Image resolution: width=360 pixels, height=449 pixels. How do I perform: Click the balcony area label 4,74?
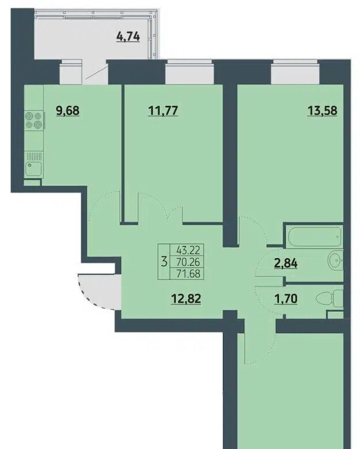[128, 37]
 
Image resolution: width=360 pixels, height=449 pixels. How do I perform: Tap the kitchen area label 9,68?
[68, 110]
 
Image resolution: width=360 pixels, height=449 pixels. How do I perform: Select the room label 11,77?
[163, 110]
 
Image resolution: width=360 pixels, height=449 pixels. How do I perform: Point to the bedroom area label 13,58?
[322, 110]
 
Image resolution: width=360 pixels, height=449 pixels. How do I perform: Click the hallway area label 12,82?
[186, 299]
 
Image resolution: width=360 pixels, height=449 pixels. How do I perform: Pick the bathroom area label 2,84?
[286, 263]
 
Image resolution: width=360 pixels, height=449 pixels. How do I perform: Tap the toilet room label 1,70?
[286, 299]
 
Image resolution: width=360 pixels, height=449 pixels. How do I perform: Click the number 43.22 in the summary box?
[188, 250]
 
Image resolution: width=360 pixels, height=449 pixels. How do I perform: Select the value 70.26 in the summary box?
[188, 262]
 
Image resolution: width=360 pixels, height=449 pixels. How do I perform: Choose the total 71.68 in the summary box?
[188, 273]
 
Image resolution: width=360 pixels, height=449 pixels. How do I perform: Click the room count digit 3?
[164, 262]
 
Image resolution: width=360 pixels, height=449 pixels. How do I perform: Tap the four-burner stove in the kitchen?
[34, 120]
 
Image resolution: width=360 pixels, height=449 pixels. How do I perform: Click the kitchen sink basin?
[33, 169]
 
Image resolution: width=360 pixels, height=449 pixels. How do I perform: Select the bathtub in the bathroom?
[315, 236]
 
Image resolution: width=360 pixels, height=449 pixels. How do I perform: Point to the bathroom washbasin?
[335, 261]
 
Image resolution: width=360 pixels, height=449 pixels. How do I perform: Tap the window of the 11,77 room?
[190, 73]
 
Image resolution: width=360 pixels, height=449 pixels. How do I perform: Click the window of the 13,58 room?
[295, 73]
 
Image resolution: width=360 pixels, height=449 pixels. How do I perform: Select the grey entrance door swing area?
[99, 291]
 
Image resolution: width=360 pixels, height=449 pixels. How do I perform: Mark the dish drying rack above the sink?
[34, 156]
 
